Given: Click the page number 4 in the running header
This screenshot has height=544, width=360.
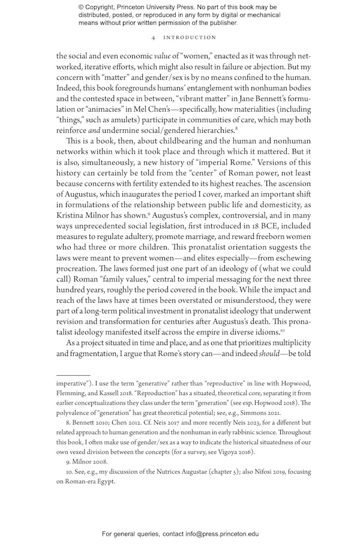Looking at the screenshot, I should pos(154,37).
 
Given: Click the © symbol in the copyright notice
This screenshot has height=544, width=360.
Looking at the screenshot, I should pos(82,7).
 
